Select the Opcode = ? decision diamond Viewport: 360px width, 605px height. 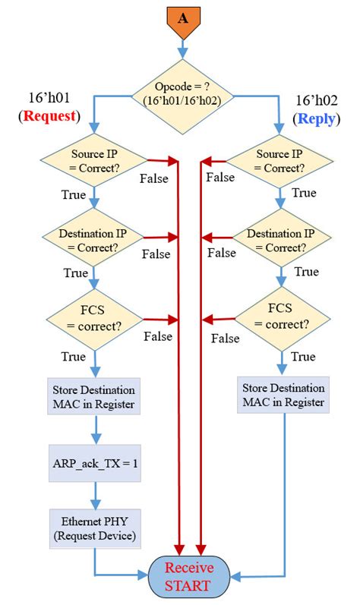pos(182,96)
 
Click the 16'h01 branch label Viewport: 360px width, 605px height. pos(49,99)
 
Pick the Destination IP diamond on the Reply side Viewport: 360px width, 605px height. pos(281,239)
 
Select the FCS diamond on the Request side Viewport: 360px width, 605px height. pos(93,319)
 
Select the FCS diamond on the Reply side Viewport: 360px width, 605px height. pos(281,318)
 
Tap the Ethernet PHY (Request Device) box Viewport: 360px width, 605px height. pos(94,528)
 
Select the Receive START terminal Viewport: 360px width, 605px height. pos(190,578)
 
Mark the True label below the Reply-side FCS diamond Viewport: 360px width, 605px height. pos(304,356)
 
